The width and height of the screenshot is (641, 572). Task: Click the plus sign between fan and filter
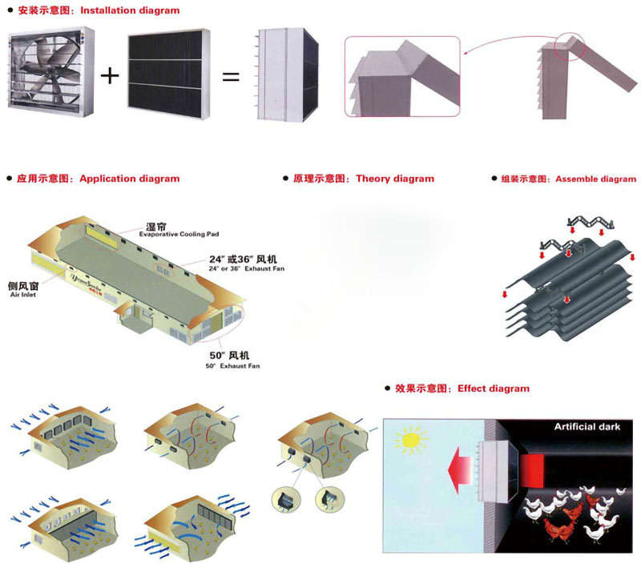click(x=110, y=76)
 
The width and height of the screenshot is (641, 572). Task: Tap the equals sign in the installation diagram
click(x=231, y=77)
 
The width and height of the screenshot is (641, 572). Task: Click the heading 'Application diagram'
click(x=129, y=179)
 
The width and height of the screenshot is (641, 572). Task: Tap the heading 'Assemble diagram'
click(x=595, y=179)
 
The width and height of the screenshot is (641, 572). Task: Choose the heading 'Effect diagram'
click(x=494, y=389)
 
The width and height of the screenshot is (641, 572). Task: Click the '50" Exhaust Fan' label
click(x=232, y=365)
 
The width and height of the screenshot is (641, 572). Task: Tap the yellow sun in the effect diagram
click(x=413, y=438)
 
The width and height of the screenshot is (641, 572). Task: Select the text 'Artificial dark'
click(x=587, y=427)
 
